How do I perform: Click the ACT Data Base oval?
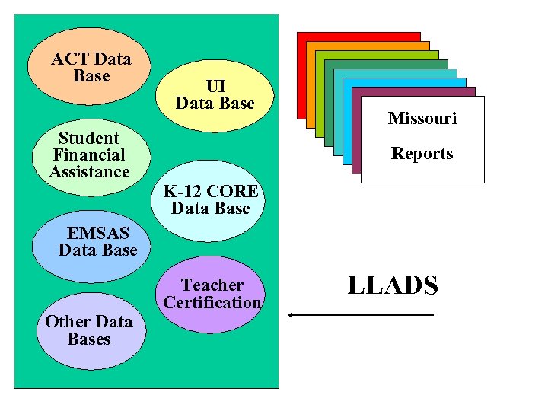click(x=90, y=67)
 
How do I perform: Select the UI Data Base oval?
click(x=215, y=95)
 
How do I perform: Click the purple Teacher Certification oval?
click(x=212, y=294)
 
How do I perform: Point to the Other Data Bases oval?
click(x=90, y=331)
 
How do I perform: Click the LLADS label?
click(x=393, y=285)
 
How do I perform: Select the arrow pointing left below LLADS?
click(x=361, y=314)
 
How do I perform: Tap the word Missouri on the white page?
click(x=422, y=119)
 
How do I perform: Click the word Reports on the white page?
click(x=422, y=154)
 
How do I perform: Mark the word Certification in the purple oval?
click(x=212, y=303)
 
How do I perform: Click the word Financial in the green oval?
click(x=89, y=155)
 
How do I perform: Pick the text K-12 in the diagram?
click(x=183, y=191)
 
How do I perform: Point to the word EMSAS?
click(x=98, y=233)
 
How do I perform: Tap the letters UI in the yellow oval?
click(x=215, y=86)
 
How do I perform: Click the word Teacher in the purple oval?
click(x=212, y=285)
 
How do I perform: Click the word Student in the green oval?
click(x=89, y=139)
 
